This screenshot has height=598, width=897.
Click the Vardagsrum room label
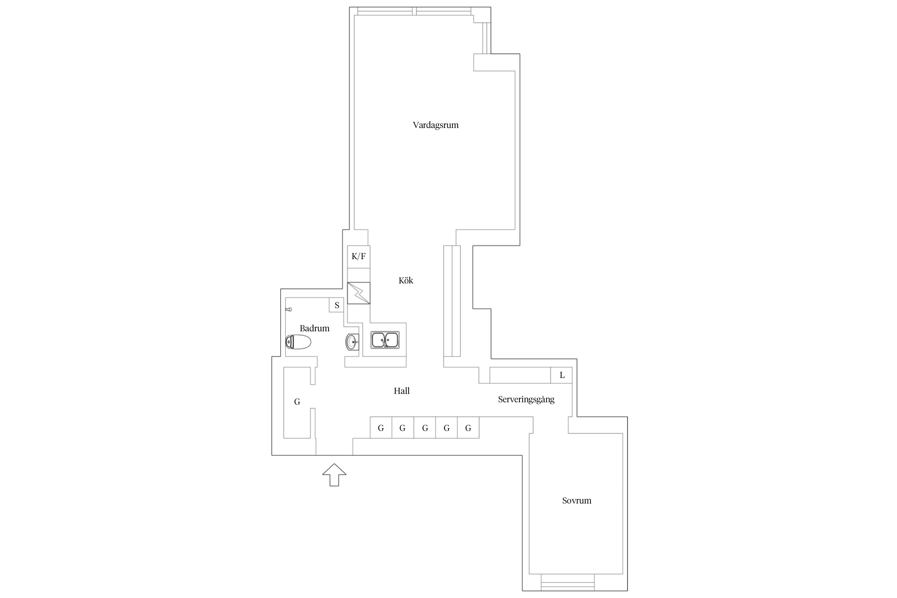(436, 125)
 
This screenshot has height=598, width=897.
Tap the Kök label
(406, 280)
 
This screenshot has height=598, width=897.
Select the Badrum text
(315, 328)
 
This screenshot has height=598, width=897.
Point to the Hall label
(402, 391)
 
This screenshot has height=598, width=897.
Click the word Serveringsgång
(526, 399)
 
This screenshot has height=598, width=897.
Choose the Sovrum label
(577, 500)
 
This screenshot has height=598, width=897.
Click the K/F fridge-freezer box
(358, 257)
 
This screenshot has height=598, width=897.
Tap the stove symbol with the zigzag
(358, 293)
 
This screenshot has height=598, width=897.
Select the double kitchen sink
(385, 340)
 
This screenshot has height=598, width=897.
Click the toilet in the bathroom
(298, 342)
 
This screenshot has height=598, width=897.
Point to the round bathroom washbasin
(352, 342)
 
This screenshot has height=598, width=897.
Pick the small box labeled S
(336, 305)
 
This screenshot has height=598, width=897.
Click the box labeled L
(562, 375)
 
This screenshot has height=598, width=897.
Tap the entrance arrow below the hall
(334, 474)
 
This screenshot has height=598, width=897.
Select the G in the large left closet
(297, 402)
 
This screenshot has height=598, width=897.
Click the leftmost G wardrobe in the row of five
(381, 427)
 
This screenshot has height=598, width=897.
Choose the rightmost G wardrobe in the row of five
(468, 427)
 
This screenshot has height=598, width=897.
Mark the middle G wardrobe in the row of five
(425, 427)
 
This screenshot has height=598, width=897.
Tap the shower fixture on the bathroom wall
(289, 309)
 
